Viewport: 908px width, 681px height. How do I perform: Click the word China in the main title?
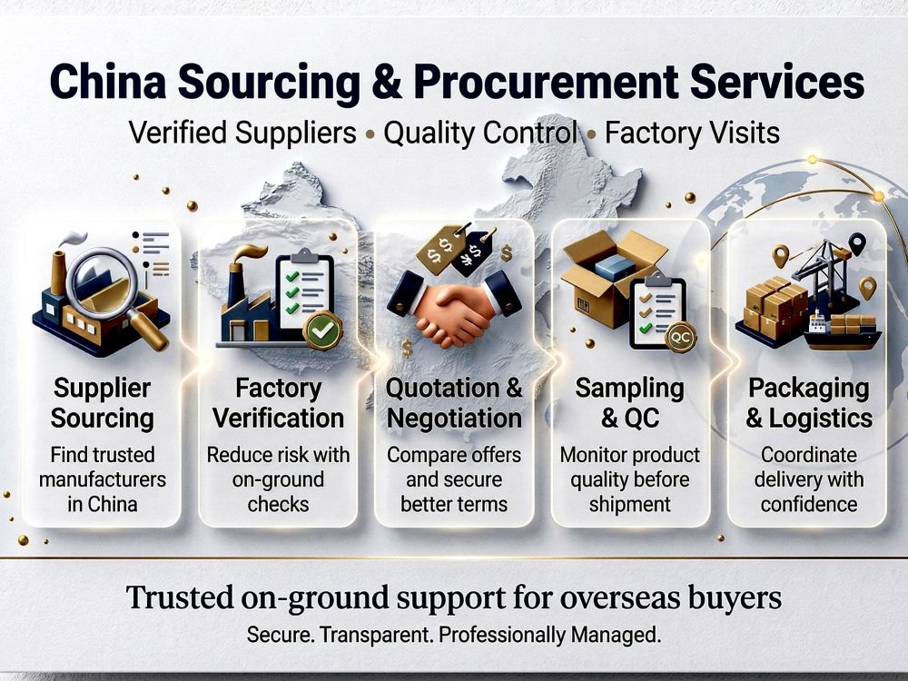click(x=108, y=82)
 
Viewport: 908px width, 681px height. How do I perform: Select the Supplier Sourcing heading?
click(x=103, y=403)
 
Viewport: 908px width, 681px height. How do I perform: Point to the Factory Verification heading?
click(x=278, y=403)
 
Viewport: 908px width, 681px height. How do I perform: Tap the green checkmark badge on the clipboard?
click(x=322, y=331)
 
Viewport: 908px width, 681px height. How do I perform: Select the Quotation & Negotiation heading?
click(x=454, y=403)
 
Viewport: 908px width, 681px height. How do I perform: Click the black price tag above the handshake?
click(x=474, y=252)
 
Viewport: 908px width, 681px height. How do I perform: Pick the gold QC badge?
click(x=680, y=337)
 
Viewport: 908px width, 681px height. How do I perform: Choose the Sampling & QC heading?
click(x=630, y=403)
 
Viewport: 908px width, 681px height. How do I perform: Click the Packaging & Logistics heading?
click(x=809, y=403)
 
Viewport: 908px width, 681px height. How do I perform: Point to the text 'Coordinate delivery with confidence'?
click(x=809, y=479)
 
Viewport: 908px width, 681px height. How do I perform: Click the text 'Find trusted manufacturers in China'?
click(x=103, y=479)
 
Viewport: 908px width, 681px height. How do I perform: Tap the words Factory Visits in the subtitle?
click(x=692, y=133)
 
